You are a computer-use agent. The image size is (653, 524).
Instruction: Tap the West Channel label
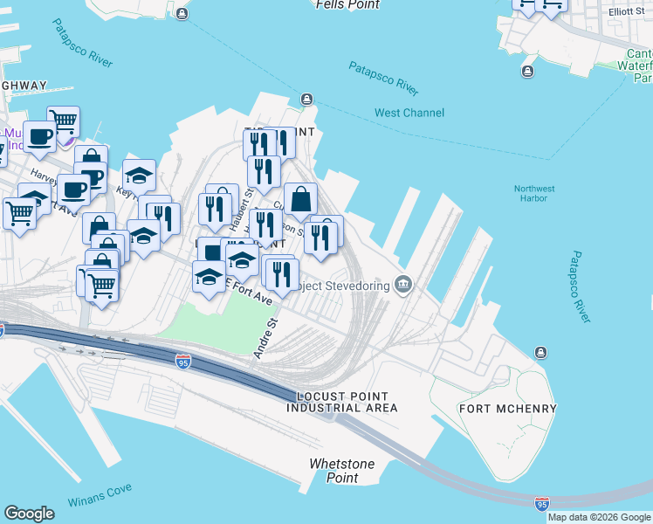[x=409, y=113]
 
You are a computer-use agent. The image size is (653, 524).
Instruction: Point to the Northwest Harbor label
[x=534, y=193]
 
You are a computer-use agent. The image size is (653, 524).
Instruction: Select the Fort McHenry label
[x=494, y=409]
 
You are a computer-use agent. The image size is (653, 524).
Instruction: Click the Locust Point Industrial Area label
[x=342, y=402]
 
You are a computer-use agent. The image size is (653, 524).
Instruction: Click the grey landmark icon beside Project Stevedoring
[x=403, y=283]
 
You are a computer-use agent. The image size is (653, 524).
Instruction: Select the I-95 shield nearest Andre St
[x=183, y=361]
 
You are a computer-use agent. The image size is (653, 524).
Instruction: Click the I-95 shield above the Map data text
[x=543, y=504]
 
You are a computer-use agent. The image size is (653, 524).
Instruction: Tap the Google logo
[x=29, y=514]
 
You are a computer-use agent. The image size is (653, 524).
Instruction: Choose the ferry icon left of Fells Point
[x=182, y=14]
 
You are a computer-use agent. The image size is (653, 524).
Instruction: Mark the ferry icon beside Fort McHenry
[x=541, y=352]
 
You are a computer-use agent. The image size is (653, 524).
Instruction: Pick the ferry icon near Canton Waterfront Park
[x=527, y=72]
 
